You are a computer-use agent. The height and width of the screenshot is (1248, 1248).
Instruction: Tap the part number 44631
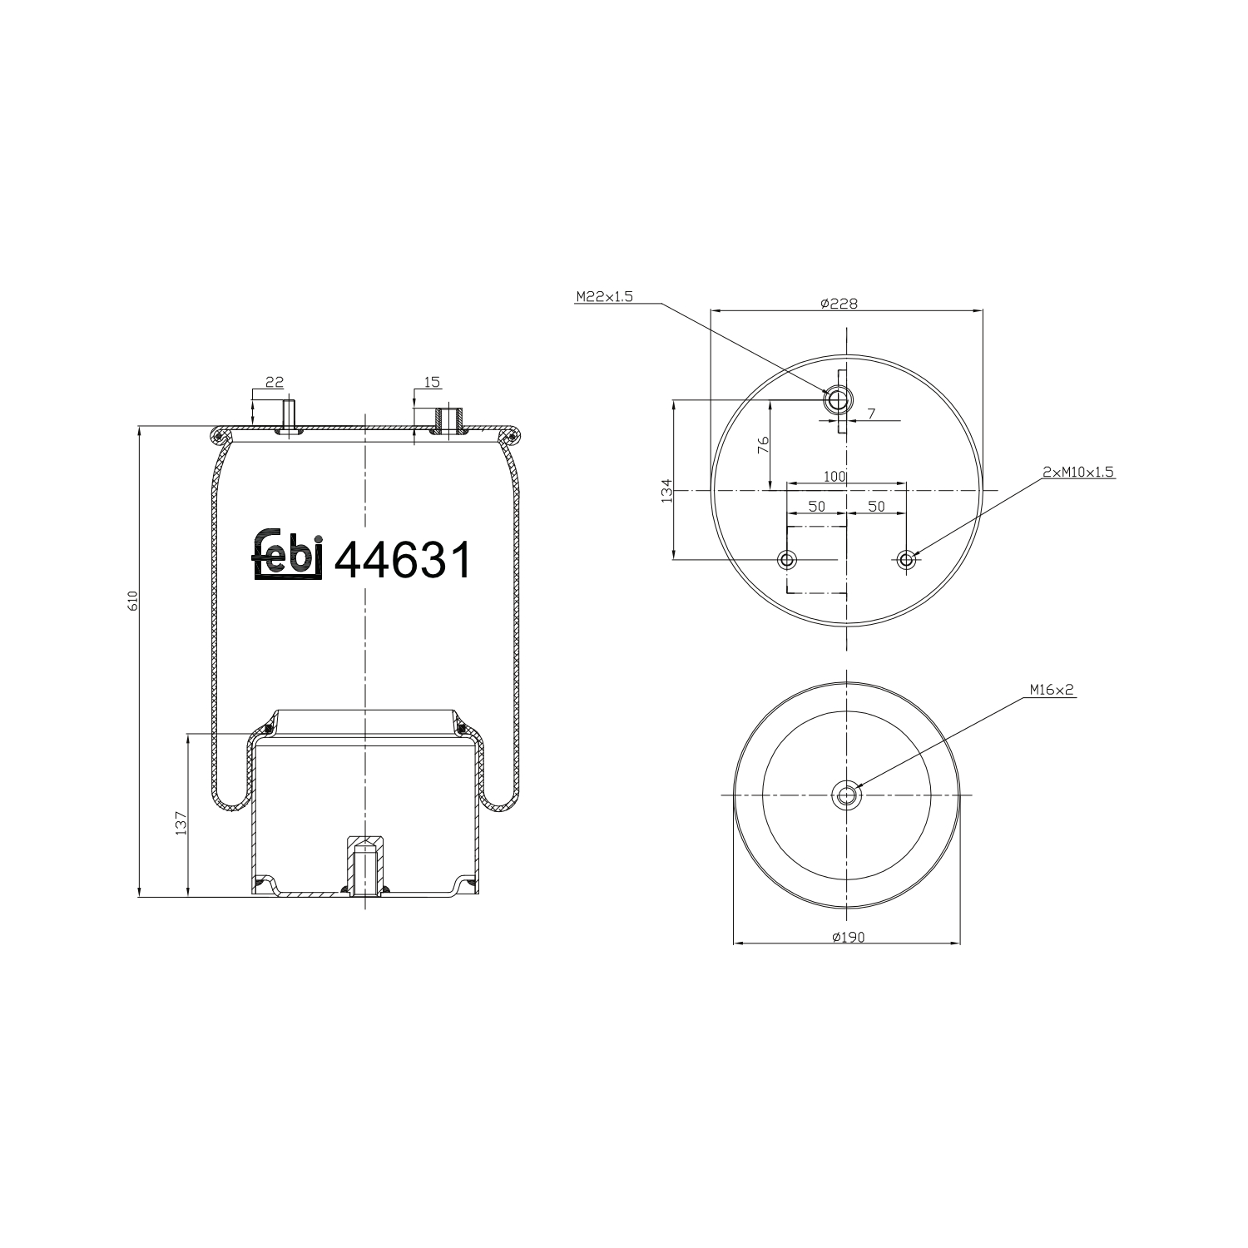[403, 560]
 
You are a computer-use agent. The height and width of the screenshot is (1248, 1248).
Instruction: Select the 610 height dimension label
[132, 601]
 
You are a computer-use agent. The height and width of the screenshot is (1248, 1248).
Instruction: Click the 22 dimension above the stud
[274, 382]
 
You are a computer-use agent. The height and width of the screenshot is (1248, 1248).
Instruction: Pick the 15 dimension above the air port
[431, 382]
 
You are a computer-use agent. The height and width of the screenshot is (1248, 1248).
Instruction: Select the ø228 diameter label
[838, 304]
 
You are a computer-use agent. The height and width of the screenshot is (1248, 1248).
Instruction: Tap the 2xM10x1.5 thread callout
[1077, 471]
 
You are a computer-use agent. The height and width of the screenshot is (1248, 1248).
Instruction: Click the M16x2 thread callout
[1052, 690]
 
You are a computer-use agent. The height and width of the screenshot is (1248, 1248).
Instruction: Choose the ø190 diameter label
[848, 937]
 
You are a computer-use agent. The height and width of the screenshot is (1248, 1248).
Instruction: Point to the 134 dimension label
[666, 491]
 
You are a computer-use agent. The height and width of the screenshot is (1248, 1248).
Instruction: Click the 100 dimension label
[834, 477]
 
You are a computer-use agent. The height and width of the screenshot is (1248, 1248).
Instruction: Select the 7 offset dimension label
[871, 414]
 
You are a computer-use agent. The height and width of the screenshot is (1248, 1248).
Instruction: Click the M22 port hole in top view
[837, 400]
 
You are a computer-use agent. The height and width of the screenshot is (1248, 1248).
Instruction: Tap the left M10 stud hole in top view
[787, 559]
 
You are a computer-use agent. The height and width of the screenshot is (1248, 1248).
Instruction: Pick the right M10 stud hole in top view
[907, 559]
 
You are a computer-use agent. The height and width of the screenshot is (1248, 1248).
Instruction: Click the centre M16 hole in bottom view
[847, 795]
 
